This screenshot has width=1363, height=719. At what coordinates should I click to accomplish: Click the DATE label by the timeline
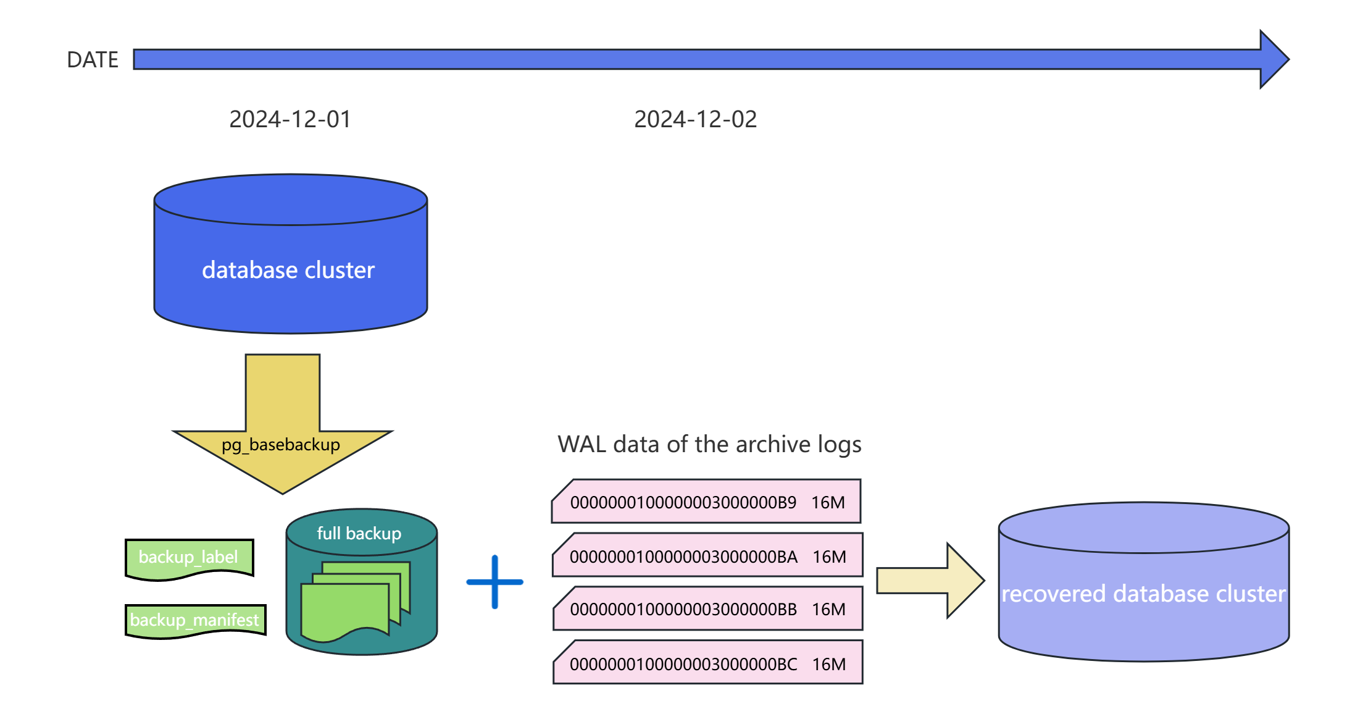point(93,60)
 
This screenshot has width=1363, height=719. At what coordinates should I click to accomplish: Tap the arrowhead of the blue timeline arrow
point(1273,59)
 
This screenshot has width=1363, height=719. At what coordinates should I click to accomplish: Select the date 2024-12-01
point(290,119)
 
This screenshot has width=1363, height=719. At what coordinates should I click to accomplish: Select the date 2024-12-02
point(695,119)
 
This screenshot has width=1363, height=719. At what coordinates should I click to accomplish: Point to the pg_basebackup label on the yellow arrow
point(281,445)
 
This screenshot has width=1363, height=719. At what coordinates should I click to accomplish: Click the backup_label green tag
point(188,557)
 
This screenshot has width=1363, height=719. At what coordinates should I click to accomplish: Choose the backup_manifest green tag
point(194,620)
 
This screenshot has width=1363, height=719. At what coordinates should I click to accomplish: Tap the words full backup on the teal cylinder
point(359,533)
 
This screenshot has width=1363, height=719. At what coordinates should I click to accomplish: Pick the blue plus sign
point(494,582)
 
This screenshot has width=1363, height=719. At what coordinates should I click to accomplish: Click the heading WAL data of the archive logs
point(709,444)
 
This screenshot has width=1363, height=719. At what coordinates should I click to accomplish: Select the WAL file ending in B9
point(683,502)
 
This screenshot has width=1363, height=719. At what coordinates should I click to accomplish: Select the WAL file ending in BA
point(683,557)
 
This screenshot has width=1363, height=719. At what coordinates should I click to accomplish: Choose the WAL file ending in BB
point(683,610)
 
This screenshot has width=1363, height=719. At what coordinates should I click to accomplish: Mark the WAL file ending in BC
point(683,664)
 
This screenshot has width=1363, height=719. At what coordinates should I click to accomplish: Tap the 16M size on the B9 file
point(828,502)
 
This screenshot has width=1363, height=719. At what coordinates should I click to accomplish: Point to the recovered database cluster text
point(1143,594)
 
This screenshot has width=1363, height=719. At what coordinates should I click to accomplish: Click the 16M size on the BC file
point(829,664)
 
